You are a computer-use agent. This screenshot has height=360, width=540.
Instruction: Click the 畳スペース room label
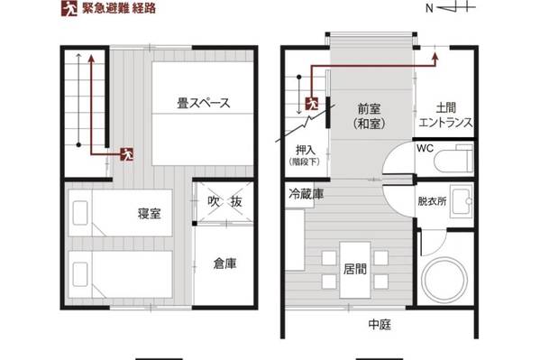pyautogui.click(x=203, y=103)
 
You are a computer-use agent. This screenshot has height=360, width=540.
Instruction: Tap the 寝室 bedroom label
pyautogui.click(x=149, y=214)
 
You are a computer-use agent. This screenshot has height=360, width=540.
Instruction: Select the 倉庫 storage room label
pyautogui.click(x=224, y=263)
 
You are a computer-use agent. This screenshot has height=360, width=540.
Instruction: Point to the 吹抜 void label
pyautogui.click(x=224, y=202)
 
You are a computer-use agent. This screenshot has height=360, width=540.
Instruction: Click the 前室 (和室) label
pyautogui.click(x=370, y=116)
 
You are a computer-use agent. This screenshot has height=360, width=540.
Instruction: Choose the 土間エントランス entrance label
pyautogui.click(x=446, y=115)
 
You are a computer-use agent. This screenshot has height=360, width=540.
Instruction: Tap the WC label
pyautogui.click(x=425, y=148)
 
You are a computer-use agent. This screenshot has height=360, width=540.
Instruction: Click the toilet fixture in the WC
pyautogui.click(x=453, y=160)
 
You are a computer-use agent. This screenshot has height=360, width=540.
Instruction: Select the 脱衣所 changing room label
pyautogui.click(x=432, y=201)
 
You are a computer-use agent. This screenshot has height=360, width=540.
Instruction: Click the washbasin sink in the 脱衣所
pyautogui.click(x=462, y=201)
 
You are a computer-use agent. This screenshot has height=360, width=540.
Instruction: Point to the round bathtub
pyautogui.click(x=445, y=279)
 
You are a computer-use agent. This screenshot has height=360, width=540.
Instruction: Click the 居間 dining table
pyautogui.click(x=355, y=270)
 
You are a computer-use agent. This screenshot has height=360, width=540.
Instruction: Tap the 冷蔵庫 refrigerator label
pyautogui.click(x=307, y=195)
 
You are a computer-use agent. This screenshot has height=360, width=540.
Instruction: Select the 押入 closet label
pyautogui.click(x=306, y=151)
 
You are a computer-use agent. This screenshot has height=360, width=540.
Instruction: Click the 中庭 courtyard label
pyautogui.click(x=380, y=324)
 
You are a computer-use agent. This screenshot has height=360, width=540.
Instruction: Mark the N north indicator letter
pyautogui.click(x=429, y=8)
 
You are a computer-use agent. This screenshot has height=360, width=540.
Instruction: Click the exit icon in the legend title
pyautogui.click(x=69, y=8)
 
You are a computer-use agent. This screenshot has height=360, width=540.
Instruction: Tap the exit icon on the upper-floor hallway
pyautogui.click(x=127, y=154)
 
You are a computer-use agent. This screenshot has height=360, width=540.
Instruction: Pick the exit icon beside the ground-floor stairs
pyautogui.click(x=312, y=104)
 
